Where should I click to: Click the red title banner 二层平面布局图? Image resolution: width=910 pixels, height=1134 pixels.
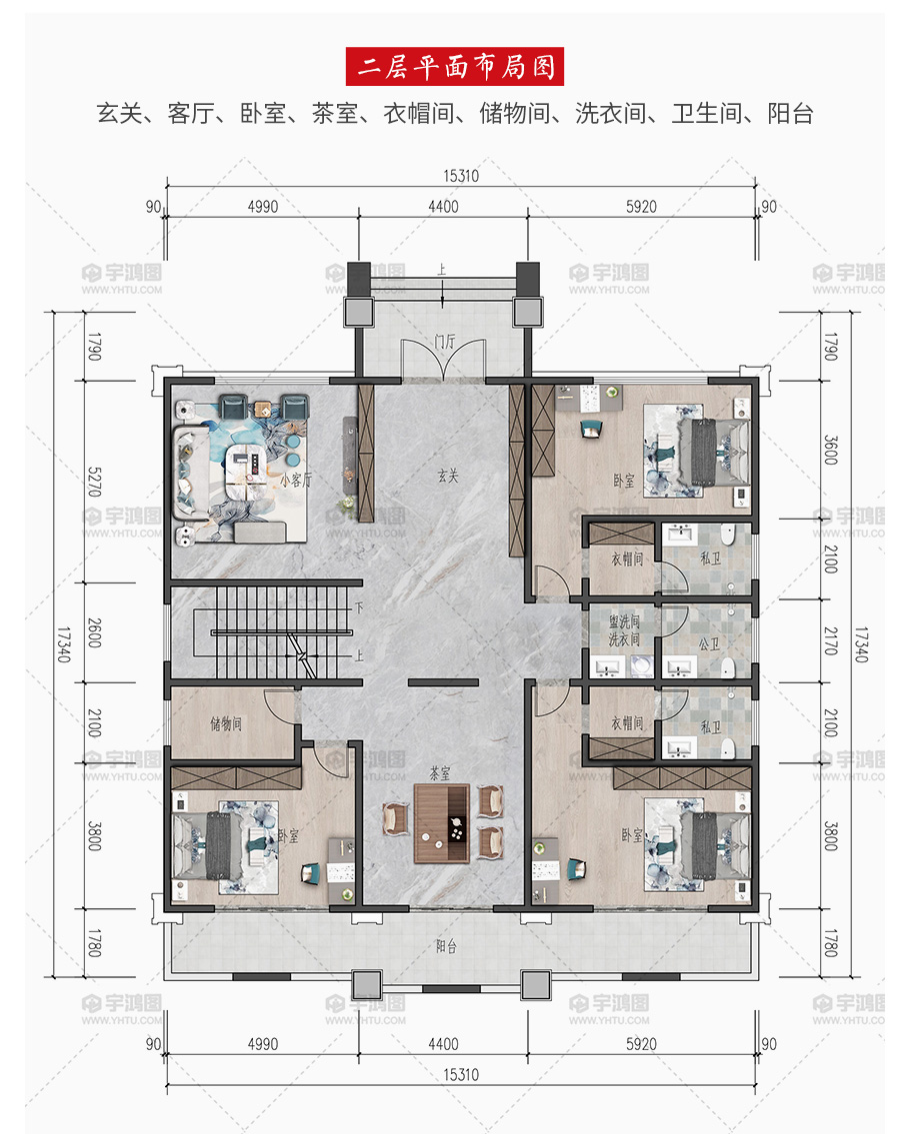coord(455,67)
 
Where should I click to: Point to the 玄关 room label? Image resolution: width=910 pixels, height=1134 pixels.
coord(448,476)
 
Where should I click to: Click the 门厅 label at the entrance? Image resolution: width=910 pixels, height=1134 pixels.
coord(445,342)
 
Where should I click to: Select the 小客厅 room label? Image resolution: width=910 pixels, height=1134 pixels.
coord(295,480)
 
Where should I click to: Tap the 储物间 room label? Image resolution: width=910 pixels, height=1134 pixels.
coord(226,723)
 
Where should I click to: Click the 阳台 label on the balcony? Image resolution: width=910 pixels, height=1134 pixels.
coord(447,946)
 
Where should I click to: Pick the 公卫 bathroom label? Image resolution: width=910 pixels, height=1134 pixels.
coord(709,643)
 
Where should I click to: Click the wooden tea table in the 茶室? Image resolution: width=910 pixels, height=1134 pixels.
coord(442,823)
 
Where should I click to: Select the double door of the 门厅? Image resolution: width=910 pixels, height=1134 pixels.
coord(443,359)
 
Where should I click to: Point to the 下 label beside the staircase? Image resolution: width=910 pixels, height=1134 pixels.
coord(358,607)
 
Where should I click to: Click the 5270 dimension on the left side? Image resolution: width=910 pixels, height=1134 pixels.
coord(94,482)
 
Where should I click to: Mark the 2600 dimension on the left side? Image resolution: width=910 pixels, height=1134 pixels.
coord(94,632)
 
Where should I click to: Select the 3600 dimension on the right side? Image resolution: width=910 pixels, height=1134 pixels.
coord(830,450)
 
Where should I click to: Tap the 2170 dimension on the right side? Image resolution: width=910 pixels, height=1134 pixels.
coord(830,640)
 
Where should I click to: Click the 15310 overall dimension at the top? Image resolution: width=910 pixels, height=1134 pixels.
coord(461,176)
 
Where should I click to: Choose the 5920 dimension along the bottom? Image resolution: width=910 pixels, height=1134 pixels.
coord(641,1044)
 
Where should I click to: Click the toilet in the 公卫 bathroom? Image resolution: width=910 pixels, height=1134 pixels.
coord(728,667)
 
